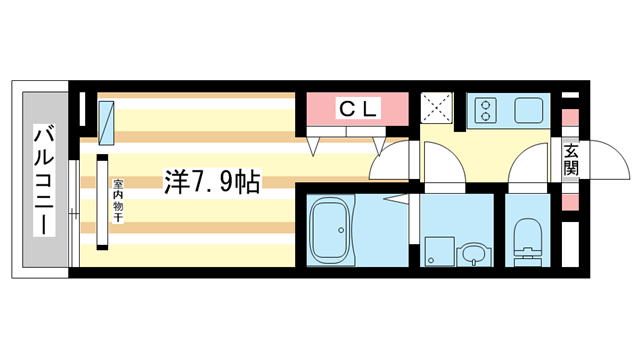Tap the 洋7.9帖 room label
pyautogui.click(x=211, y=182)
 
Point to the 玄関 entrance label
pyautogui.click(x=570, y=160)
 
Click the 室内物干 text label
pyautogui.click(x=118, y=202)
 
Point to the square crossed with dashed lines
pyautogui.click(x=436, y=108)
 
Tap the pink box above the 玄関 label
pyautogui.click(x=570, y=118)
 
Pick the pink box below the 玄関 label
pyautogui.click(x=570, y=200)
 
